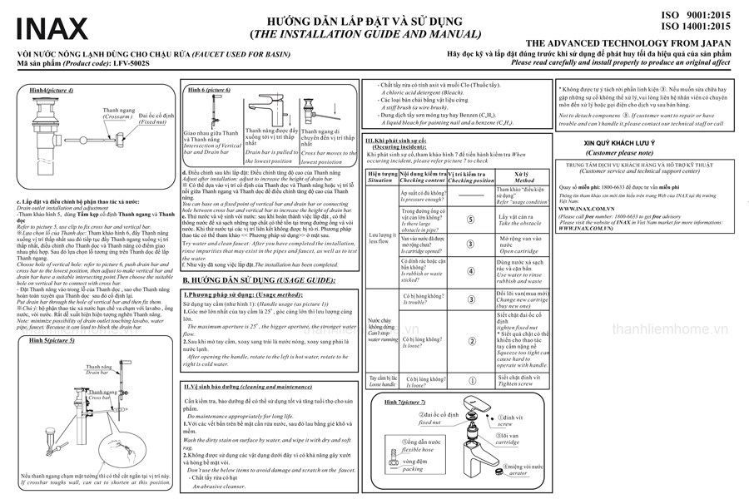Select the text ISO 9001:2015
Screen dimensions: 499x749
click(x=697, y=15)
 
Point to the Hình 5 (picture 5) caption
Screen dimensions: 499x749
click(x=52, y=341)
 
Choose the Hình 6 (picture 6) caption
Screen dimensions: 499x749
click(x=209, y=89)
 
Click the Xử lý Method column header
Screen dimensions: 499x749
click(x=524, y=176)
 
